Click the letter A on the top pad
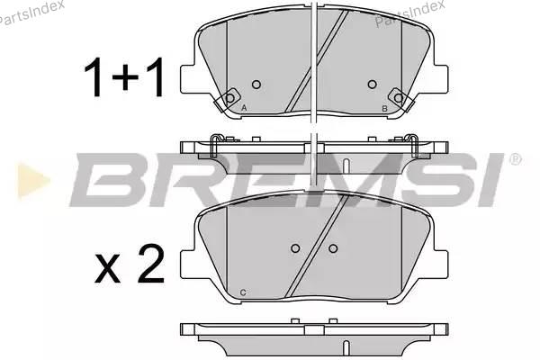tap(244, 108)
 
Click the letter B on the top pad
tap(384, 109)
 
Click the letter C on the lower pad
tap(243, 292)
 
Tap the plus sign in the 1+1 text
tap(125, 77)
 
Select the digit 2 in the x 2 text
tap(151, 264)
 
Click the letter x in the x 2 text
tap(107, 268)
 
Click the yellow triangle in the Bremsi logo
tap(33, 181)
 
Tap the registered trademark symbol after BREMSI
tap(515, 159)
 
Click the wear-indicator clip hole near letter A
tap(229, 98)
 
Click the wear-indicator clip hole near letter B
tap(399, 98)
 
